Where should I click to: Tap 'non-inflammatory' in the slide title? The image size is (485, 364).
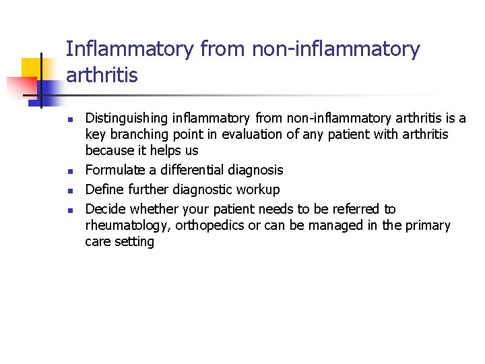[x=335, y=49]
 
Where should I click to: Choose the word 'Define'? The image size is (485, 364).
[x=105, y=189]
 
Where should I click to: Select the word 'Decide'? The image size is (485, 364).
[x=106, y=209]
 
